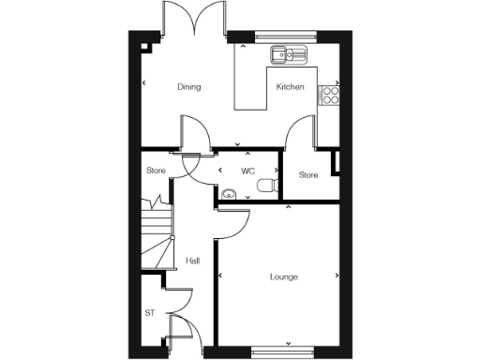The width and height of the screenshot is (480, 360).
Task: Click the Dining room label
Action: click(189, 87)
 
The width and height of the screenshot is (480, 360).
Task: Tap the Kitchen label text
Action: click(290, 87)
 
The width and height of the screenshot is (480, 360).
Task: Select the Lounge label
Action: click(283, 277)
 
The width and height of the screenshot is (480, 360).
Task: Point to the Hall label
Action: click(192, 261)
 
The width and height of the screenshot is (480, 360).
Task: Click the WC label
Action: click(248, 172)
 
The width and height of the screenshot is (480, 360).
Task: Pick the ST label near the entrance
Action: click(150, 313)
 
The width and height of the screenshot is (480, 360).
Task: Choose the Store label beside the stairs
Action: click(156, 171)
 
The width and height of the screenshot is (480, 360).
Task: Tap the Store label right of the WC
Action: click(308, 175)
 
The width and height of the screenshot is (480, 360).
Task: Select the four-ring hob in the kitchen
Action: click(331, 94)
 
